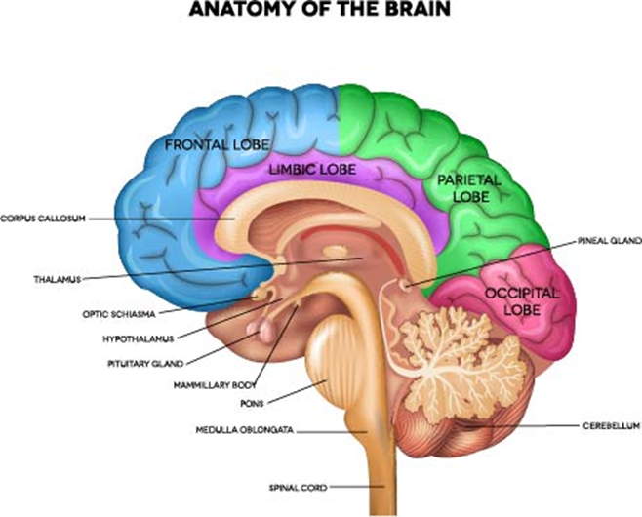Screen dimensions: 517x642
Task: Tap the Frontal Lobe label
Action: [x=212, y=144]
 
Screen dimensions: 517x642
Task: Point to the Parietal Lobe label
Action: [x=463, y=188]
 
